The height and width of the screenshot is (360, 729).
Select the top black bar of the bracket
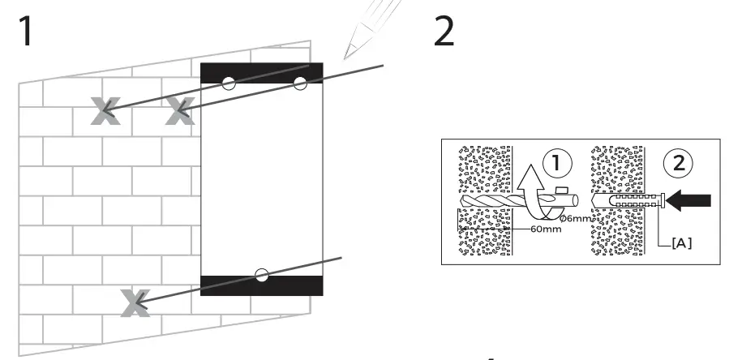pos(261,73)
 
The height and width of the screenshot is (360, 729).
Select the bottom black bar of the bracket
pos(261,285)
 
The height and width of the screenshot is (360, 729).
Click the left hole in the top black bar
pos(229,82)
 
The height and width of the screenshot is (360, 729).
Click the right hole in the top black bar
pos(300,82)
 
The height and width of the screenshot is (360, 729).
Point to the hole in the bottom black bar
pos(261,275)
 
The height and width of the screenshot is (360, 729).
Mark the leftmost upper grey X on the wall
pos(106,111)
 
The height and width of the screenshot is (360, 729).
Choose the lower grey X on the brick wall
pos(134,302)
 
